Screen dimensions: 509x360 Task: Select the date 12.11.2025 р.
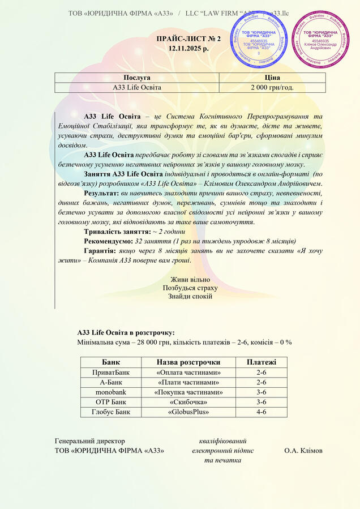(188, 49)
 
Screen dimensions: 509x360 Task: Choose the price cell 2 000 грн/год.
(272, 87)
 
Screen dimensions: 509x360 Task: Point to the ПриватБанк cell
(110, 372)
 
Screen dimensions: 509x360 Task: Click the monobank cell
(110, 392)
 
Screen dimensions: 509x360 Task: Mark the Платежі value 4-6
(262, 412)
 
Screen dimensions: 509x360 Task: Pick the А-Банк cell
(110, 382)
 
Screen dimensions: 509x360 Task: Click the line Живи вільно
(190, 280)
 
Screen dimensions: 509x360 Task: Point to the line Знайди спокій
(190, 296)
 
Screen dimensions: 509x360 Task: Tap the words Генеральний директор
(89, 440)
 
